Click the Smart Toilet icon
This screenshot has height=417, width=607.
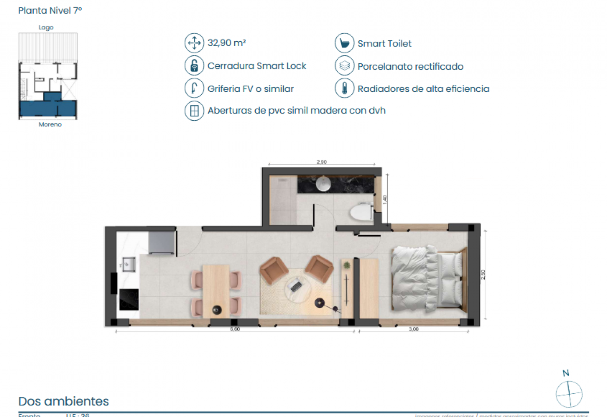344,43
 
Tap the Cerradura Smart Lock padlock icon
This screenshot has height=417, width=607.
194,65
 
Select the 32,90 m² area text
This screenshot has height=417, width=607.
226,43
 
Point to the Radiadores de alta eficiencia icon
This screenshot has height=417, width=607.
344,88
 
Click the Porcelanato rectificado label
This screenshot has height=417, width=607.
410,66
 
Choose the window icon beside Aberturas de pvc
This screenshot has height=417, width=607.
194,111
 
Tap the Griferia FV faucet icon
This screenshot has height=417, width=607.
194,88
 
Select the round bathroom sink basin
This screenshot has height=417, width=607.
324,183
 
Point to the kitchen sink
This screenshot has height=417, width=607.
128,265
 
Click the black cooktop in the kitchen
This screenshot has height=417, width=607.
129,299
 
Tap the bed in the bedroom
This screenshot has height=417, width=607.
428,279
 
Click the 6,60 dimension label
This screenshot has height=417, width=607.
235,329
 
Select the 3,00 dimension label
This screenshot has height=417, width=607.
414,329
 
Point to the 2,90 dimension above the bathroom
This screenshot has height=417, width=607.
321,162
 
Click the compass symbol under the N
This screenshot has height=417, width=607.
569,394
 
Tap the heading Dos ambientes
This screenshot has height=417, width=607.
64,401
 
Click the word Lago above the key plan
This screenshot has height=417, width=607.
46,27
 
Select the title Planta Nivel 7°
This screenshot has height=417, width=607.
50,11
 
